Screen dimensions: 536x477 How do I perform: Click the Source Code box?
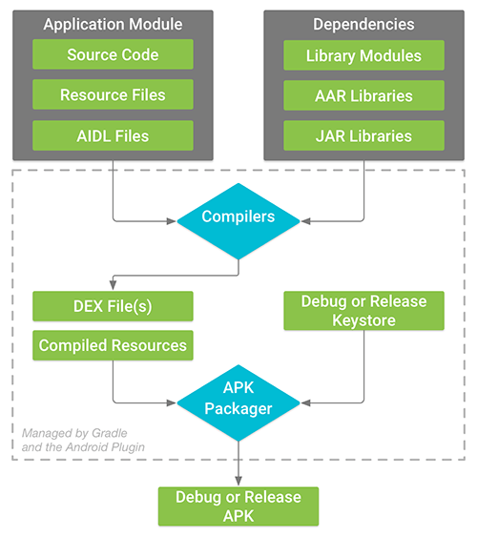tap(113, 54)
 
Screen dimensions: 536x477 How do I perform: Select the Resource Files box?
tap(113, 95)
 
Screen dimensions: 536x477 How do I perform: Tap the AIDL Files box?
tap(113, 135)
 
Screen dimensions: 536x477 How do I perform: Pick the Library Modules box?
tap(363, 54)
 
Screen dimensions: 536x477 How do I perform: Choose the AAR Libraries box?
tap(363, 95)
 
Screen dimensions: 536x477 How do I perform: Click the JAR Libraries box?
tap(363, 135)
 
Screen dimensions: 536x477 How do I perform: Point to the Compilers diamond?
tap(238, 218)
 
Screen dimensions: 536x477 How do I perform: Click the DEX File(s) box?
tap(113, 306)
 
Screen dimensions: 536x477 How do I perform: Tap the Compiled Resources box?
tap(113, 345)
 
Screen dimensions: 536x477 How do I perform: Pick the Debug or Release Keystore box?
tap(363, 311)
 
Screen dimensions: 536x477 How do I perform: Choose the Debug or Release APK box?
tap(238, 505)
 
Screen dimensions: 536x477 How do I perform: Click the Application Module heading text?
tap(113, 24)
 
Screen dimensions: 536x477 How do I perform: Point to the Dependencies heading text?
tap(363, 24)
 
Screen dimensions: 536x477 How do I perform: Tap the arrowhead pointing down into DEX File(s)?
tap(113, 287)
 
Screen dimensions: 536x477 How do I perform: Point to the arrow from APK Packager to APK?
tap(238, 467)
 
